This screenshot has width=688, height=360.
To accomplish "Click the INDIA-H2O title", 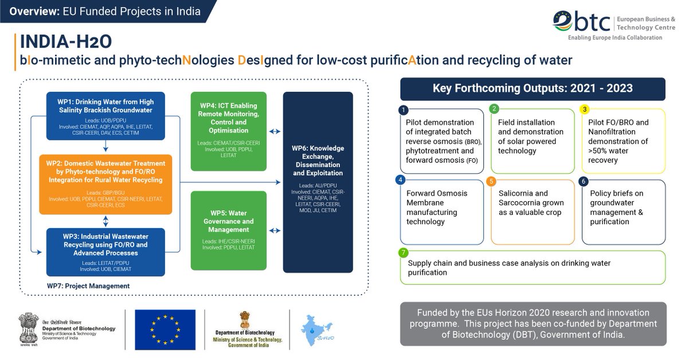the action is (65, 42).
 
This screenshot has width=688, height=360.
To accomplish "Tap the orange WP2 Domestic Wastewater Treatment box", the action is (105, 184).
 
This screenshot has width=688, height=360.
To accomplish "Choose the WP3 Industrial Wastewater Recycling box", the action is (105, 252).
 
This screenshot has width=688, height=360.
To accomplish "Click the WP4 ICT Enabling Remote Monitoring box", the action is (229, 131).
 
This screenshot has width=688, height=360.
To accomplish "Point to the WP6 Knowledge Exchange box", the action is (318, 182).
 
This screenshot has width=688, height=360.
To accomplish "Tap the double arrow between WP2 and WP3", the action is (105, 221).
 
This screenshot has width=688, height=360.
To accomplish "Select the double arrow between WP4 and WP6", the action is (275, 132).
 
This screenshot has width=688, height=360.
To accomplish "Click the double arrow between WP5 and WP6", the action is (275, 230).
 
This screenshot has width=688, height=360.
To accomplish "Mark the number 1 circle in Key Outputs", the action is (404, 109).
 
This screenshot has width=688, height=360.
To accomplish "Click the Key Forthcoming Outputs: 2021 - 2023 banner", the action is (533, 89).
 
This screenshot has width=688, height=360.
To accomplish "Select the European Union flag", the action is (165, 330).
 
